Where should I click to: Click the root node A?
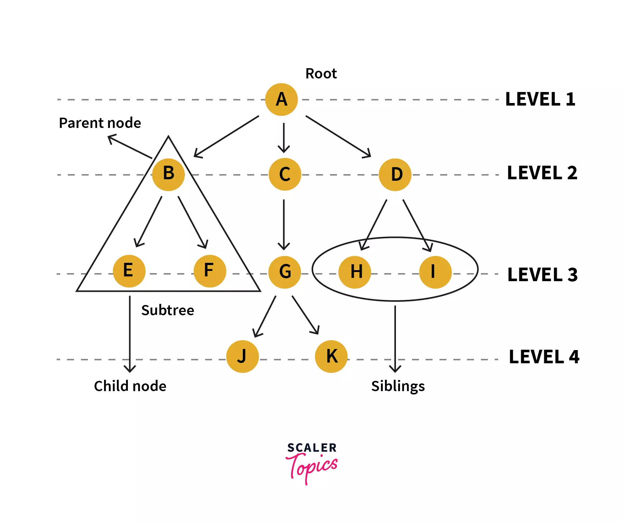(281, 99)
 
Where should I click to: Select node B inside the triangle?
(168, 174)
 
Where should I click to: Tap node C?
(285, 174)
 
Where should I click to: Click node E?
(129, 271)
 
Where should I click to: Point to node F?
(209, 271)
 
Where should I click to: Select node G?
(285, 272)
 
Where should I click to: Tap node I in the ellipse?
(435, 272)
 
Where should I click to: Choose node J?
(242, 356)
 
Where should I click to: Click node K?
(331, 356)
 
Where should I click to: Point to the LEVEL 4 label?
(544, 357)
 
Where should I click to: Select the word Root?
(321, 74)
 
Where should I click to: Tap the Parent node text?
(100, 123)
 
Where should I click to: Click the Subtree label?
(168, 310)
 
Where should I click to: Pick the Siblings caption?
(398, 386)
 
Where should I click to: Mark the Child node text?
(130, 386)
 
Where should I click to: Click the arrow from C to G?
(284, 224)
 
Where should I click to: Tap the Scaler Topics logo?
(312, 463)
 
